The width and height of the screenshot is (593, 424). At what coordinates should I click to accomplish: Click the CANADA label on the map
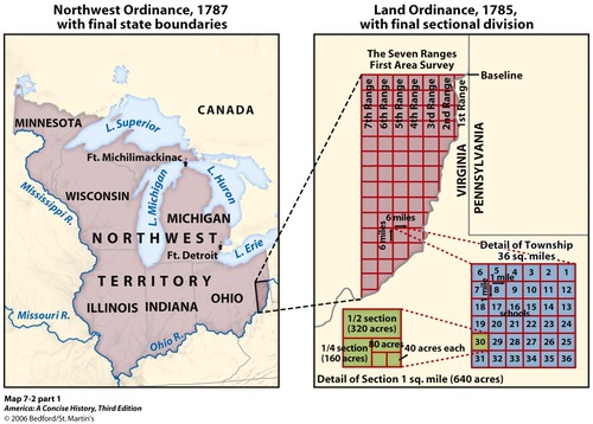click(x=225, y=110)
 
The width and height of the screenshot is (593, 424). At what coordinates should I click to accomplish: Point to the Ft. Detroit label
click(x=192, y=255)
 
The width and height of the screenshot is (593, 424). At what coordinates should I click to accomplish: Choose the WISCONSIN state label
click(x=97, y=196)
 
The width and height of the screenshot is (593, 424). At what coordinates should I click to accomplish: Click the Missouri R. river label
click(x=43, y=316)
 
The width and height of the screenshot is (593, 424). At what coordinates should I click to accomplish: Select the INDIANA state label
click(x=171, y=307)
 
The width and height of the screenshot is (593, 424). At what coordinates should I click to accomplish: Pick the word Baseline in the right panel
click(x=501, y=76)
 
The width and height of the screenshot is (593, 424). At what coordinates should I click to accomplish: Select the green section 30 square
click(x=480, y=342)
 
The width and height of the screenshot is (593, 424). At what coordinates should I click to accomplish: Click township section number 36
click(x=567, y=359)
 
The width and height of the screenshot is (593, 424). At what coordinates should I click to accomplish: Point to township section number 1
click(x=567, y=272)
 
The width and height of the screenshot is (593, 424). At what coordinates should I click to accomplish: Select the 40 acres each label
click(x=434, y=348)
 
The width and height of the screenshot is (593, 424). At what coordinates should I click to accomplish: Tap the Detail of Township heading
click(x=526, y=250)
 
